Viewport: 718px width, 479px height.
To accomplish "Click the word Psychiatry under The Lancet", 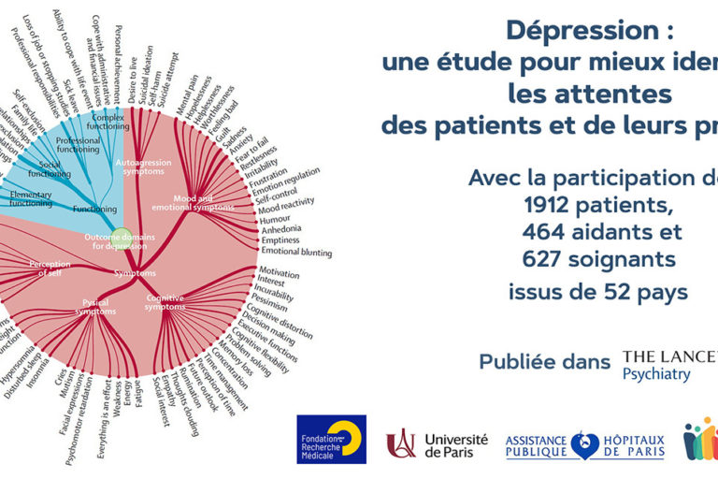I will tap(656, 374).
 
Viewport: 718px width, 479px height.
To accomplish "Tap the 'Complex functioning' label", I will tap(108, 122).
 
